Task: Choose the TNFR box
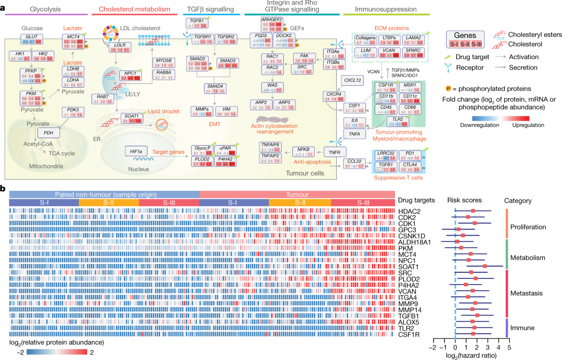click(x=333, y=151)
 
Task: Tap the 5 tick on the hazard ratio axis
click(x=509, y=347)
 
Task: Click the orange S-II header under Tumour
click(x=300, y=202)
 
